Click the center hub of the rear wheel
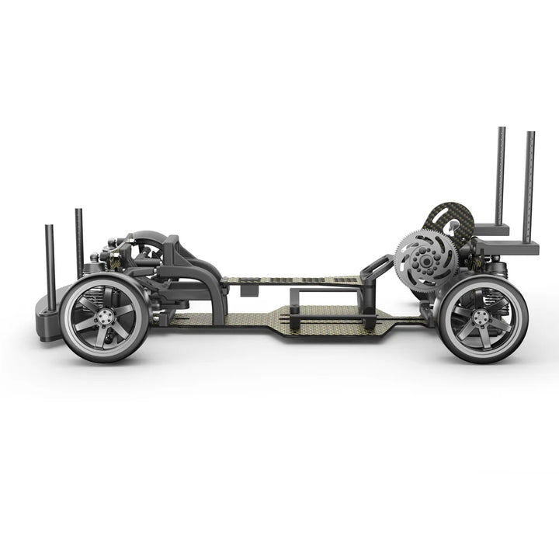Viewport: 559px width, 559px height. click(482, 319)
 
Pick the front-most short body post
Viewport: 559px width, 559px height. click(50, 264)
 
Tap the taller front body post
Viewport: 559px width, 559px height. click(78, 241)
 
